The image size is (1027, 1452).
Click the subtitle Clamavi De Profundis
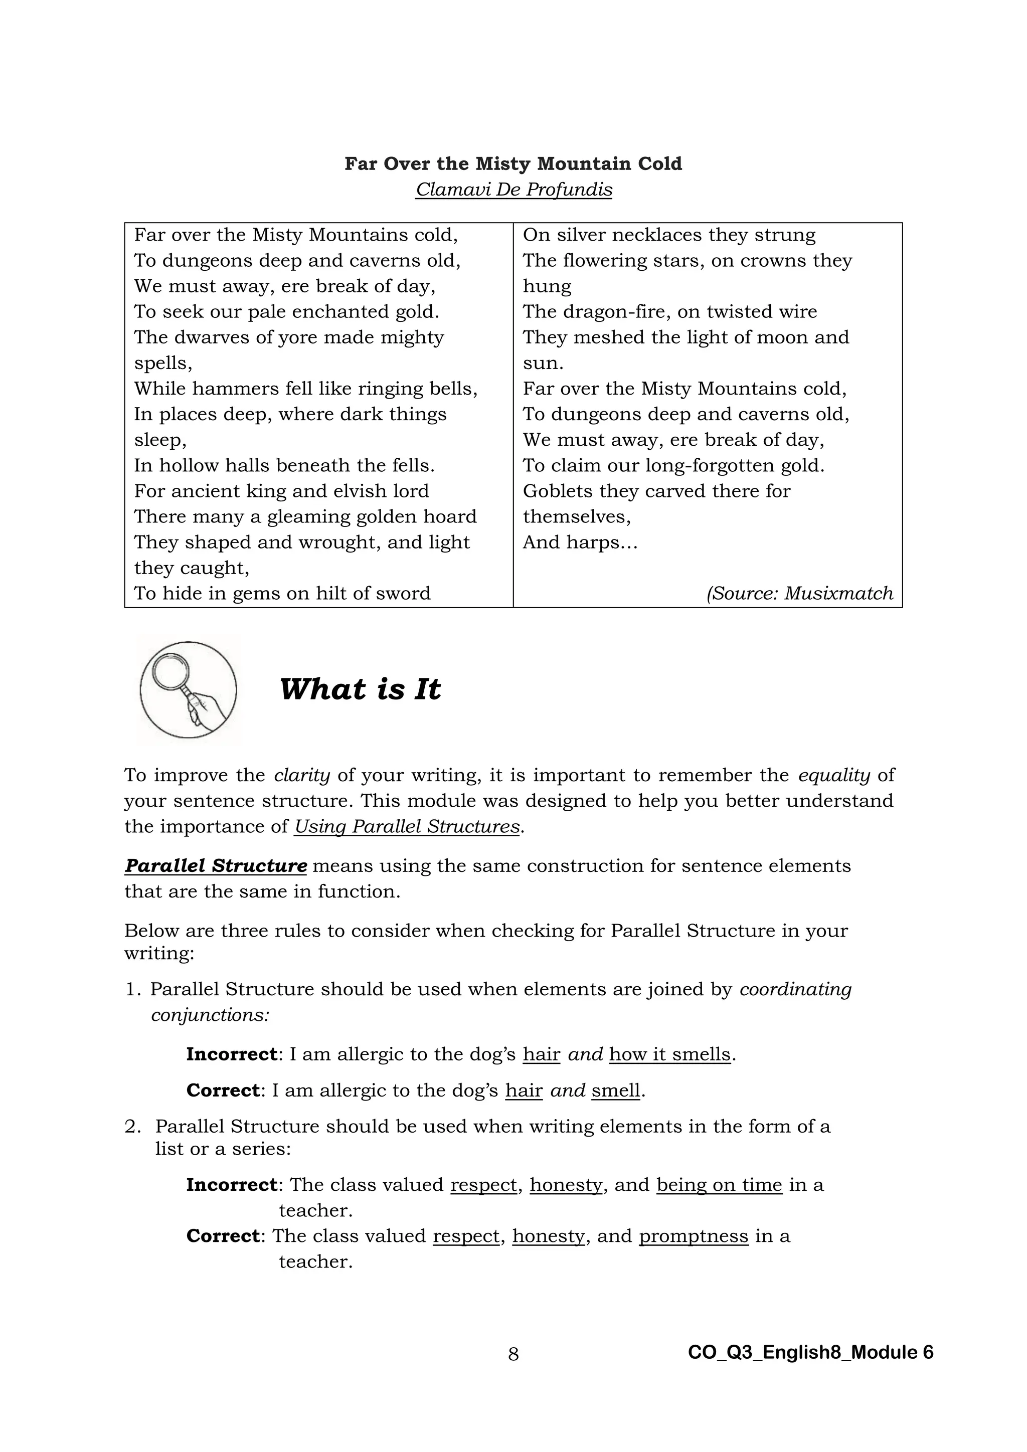(x=513, y=190)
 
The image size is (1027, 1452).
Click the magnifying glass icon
(x=188, y=689)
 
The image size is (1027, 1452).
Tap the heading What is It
(x=360, y=689)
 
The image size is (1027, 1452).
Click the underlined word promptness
(x=693, y=1236)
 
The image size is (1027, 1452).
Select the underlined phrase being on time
(x=719, y=1184)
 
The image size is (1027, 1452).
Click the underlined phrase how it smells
(x=669, y=1054)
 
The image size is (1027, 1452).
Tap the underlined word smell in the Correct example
(x=616, y=1091)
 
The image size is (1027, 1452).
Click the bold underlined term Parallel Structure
(x=216, y=866)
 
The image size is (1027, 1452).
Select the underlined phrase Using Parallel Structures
(x=407, y=827)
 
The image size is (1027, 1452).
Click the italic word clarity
(x=302, y=775)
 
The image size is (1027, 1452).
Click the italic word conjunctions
(x=210, y=1015)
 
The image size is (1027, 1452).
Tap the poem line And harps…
(x=580, y=542)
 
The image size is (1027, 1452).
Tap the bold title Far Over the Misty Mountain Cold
(x=513, y=164)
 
